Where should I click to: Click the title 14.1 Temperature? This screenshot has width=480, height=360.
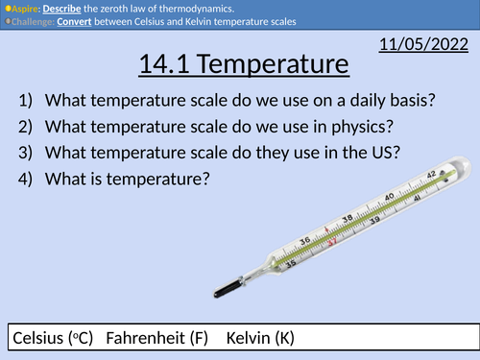(x=240, y=66)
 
